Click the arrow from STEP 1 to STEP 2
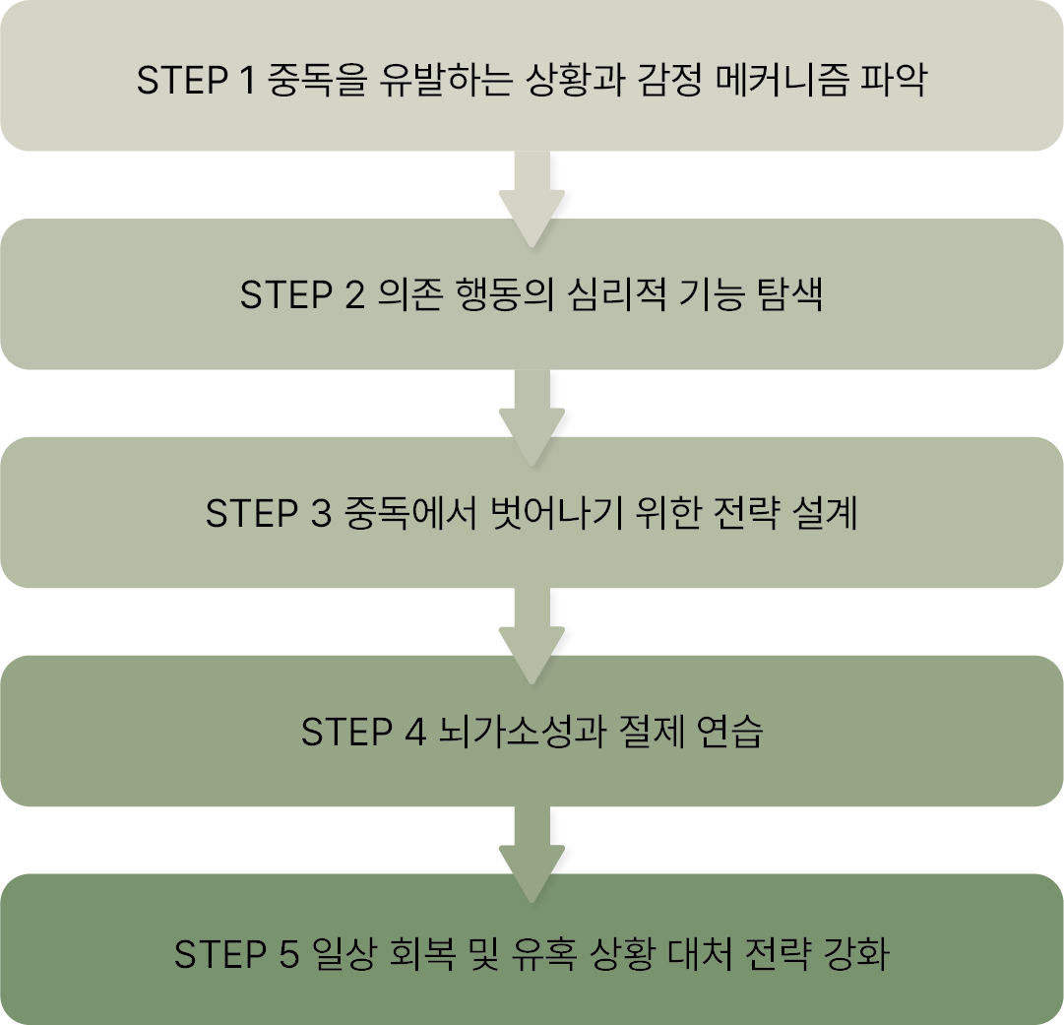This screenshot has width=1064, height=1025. coord(532,197)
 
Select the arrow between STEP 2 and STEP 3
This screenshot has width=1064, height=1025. coord(532,416)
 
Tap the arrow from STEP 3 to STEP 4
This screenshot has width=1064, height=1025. coord(532,634)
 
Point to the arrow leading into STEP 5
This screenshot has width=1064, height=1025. coord(532,853)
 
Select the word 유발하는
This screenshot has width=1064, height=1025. coord(452,79)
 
